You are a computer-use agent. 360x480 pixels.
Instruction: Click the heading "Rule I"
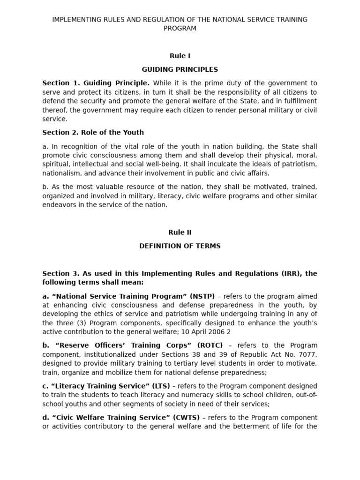(180, 56)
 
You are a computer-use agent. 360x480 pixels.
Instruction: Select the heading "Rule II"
(180, 232)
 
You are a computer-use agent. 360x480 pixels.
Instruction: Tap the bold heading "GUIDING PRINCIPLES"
(180, 69)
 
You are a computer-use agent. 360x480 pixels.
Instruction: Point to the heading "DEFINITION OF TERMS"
(180, 246)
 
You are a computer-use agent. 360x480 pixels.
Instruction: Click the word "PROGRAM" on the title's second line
(180, 28)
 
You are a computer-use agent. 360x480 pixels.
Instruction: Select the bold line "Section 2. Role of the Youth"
(93, 132)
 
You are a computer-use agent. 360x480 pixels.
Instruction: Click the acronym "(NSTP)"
(202, 296)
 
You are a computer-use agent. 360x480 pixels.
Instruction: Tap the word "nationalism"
(62, 173)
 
